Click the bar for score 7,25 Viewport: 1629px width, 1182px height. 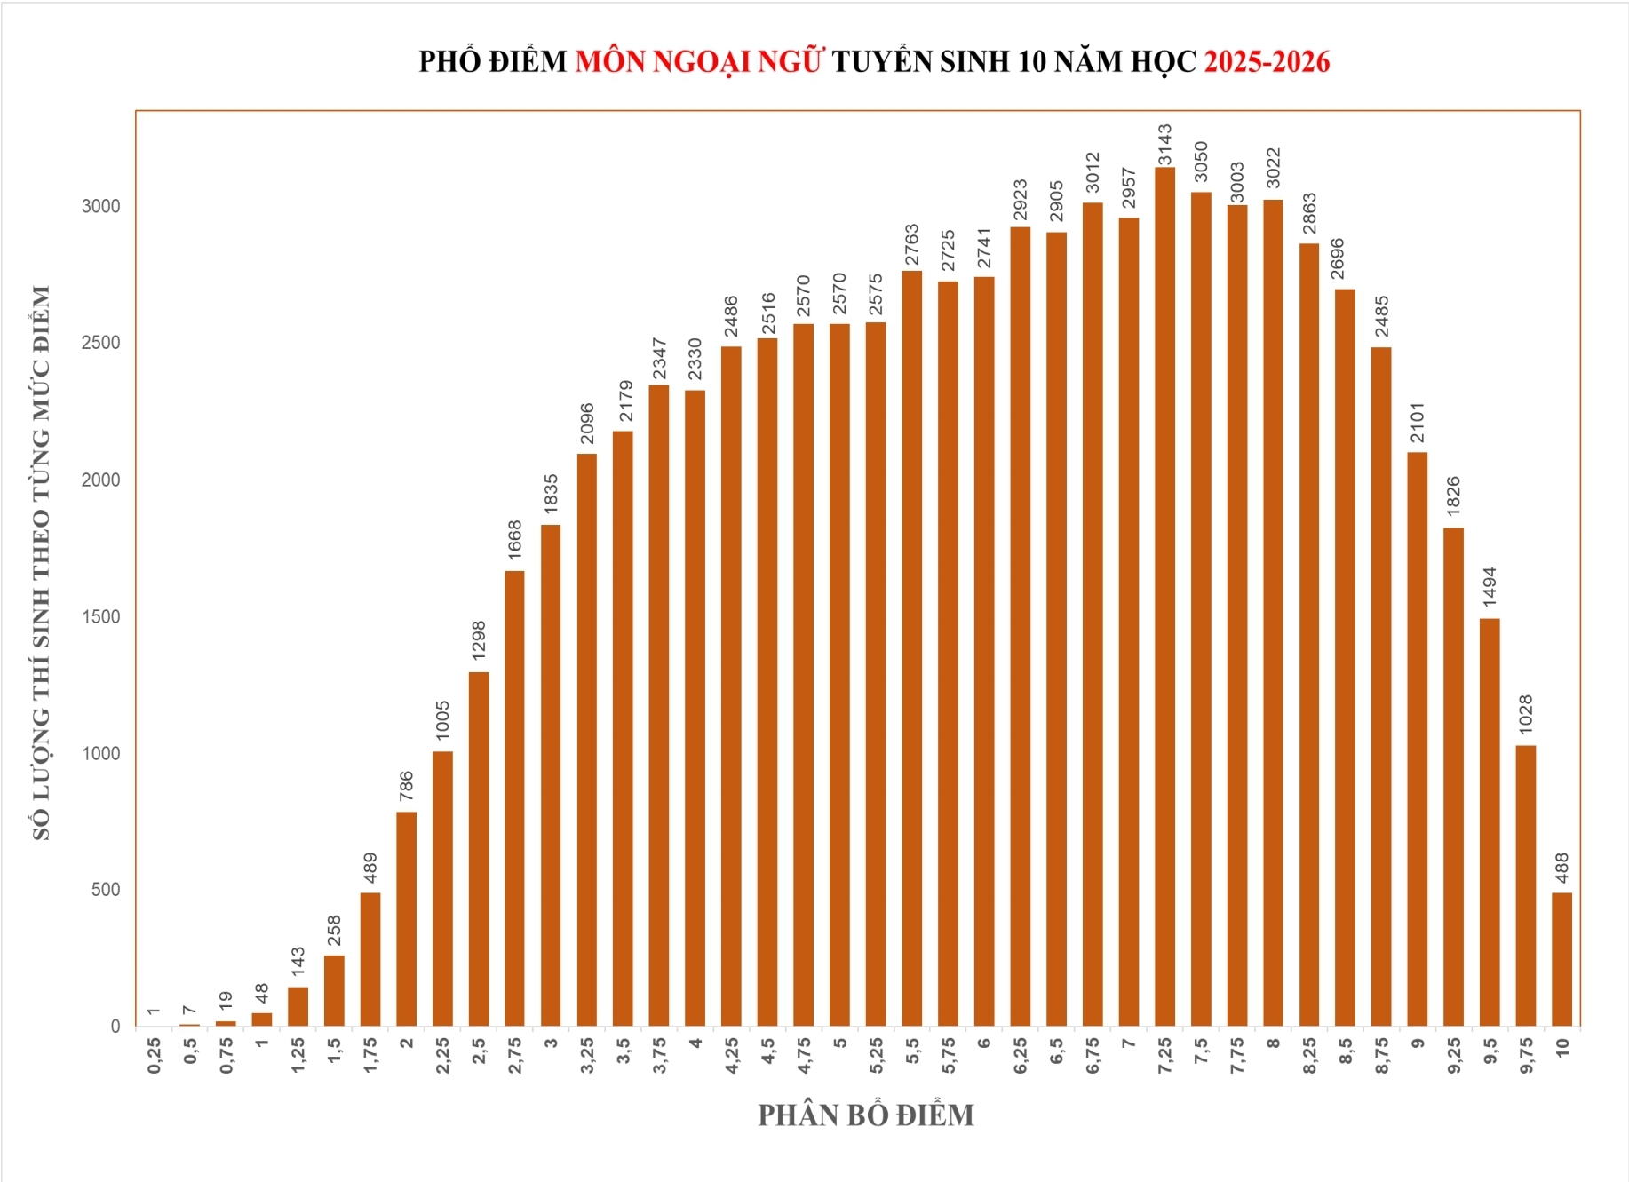click(x=1164, y=597)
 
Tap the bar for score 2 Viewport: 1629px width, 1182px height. click(x=406, y=919)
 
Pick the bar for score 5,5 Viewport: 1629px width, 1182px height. click(x=911, y=648)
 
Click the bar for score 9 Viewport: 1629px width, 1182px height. click(x=1418, y=739)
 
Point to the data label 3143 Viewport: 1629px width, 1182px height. click(x=1164, y=145)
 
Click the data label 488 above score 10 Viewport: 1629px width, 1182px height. click(x=1561, y=869)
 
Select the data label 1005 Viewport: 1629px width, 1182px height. click(x=442, y=720)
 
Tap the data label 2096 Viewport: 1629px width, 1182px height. click(x=587, y=423)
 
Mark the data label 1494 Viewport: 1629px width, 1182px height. click(x=1490, y=587)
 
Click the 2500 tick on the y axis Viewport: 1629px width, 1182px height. click(x=100, y=343)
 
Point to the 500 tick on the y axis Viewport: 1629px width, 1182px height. click(x=106, y=890)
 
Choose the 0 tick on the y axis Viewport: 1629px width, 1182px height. click(x=115, y=1027)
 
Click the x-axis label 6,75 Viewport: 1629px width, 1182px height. click(x=1093, y=1055)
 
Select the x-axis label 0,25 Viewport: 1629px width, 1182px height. click(x=154, y=1055)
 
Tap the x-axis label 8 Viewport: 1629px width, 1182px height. click(x=1273, y=1043)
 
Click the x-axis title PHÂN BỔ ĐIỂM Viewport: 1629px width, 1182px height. click(x=865, y=1115)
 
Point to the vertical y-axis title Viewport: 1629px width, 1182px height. click(x=41, y=563)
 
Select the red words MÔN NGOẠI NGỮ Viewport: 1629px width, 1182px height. click(x=699, y=61)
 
